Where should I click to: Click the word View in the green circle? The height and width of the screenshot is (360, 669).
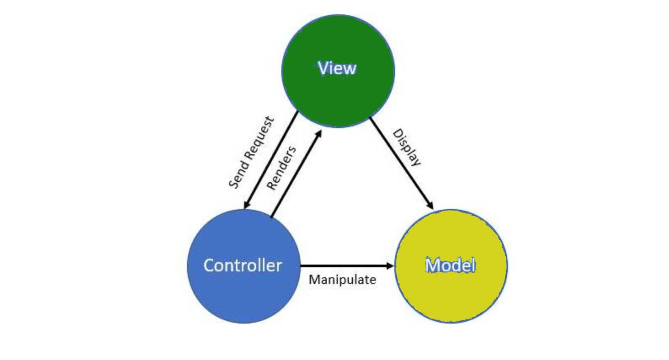tap(337, 68)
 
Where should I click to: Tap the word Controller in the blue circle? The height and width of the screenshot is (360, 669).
tap(242, 265)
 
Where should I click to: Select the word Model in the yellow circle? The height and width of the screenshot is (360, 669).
tap(450, 265)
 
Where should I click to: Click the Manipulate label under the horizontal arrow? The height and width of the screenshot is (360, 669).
tap(342, 280)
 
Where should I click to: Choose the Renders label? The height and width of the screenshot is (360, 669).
tap(281, 168)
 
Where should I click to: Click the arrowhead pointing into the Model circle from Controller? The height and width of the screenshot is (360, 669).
tap(390, 265)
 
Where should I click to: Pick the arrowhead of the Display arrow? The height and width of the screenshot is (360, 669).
tap(430, 205)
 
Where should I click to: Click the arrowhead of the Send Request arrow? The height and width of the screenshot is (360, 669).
tap(247, 205)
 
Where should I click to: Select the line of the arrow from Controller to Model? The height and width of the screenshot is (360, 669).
tap(344, 265)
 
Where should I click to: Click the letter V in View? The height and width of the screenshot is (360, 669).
tap(323, 68)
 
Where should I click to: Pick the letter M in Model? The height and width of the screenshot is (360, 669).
tap(432, 265)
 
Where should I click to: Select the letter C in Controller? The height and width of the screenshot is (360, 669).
tap(209, 265)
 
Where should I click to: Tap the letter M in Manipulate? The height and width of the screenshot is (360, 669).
tap(314, 280)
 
